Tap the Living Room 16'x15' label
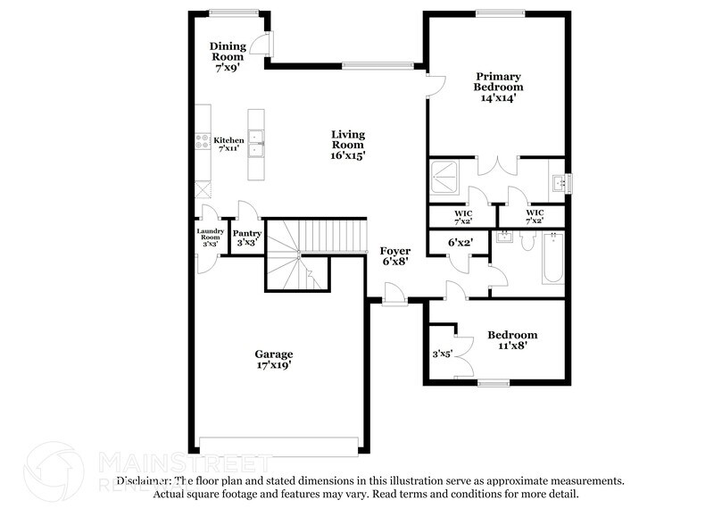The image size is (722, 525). (x=348, y=144)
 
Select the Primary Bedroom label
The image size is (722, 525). (x=498, y=87)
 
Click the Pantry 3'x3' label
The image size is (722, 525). (x=247, y=237)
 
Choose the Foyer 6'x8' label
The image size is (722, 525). (x=394, y=256)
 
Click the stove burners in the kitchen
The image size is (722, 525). (x=203, y=141)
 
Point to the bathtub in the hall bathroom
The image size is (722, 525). (x=552, y=259)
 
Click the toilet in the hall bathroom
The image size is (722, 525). (x=527, y=241)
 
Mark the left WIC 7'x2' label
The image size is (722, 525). (x=462, y=217)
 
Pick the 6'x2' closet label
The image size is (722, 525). (x=460, y=242)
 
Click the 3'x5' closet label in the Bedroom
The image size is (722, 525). (x=441, y=354)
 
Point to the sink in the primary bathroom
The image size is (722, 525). (x=559, y=183)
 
